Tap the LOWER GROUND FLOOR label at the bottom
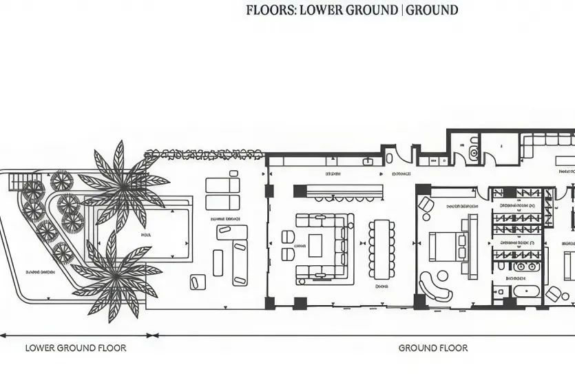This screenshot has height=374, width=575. point(76,348)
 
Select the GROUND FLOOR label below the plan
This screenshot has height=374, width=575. point(432,348)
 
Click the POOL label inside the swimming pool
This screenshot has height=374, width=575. point(146,235)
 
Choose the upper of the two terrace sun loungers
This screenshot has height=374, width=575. point(222,186)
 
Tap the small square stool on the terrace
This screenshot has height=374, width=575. point(198,281)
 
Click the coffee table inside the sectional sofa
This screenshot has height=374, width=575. point(315,246)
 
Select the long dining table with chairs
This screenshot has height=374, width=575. point(381,249)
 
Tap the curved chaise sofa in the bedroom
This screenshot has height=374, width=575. point(435,286)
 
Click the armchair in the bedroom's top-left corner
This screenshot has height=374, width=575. point(426,205)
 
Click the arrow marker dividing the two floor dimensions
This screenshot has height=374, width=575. point(154,336)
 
